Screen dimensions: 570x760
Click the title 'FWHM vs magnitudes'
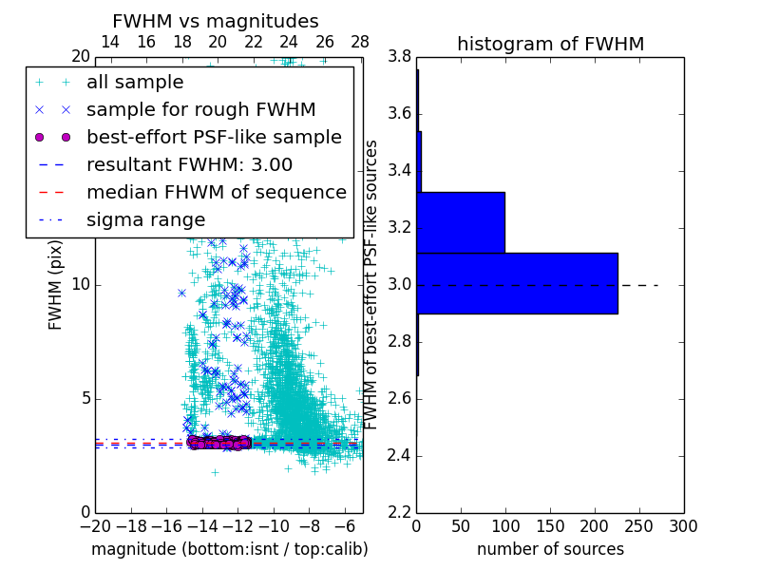(215, 21)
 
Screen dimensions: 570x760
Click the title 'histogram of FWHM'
(550, 44)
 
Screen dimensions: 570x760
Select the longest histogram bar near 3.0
(517, 283)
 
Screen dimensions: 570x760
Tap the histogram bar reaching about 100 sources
(461, 222)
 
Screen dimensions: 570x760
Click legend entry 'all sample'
(135, 83)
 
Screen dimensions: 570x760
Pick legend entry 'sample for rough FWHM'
(200, 110)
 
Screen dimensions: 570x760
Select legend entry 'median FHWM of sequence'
(216, 192)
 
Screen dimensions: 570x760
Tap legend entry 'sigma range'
(145, 219)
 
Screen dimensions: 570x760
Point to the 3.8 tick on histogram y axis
(399, 57)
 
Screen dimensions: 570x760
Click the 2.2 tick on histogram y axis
(399, 512)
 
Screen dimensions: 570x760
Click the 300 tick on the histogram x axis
(683, 525)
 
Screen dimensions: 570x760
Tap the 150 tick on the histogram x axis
(550, 525)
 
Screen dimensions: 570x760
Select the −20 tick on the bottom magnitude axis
(95, 525)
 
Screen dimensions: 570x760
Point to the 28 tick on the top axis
(360, 42)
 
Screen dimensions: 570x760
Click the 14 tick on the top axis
(110, 42)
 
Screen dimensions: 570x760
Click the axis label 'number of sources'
(550, 549)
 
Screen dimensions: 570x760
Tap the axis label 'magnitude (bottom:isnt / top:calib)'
(229, 549)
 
